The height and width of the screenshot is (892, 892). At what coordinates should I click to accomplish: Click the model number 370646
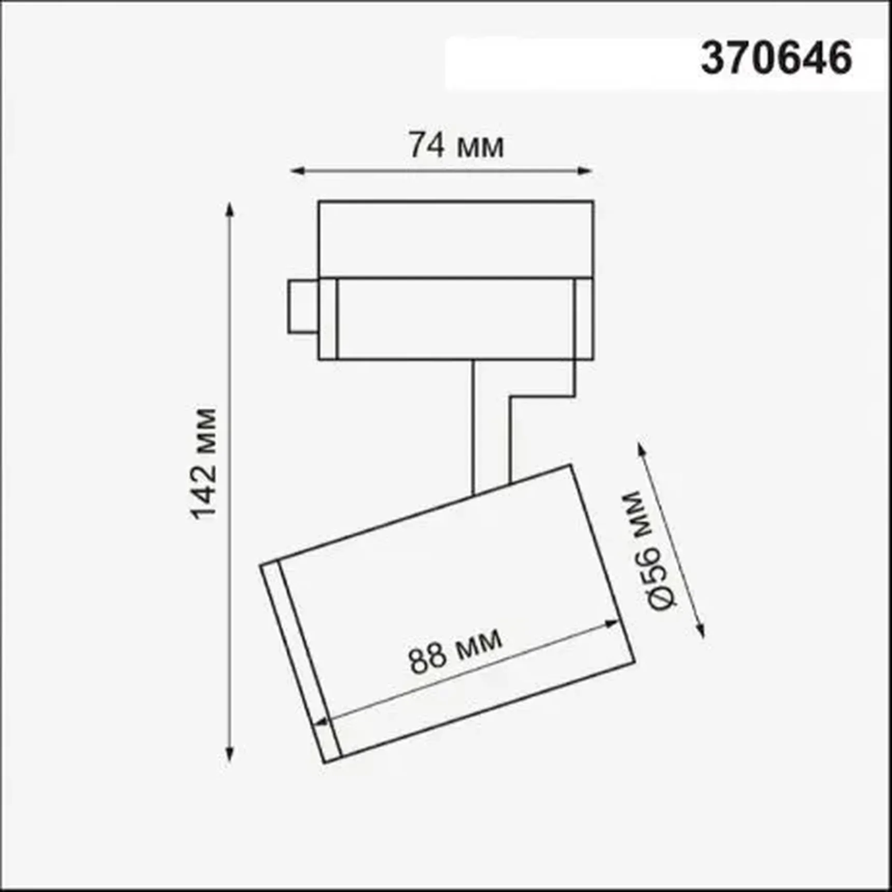776,58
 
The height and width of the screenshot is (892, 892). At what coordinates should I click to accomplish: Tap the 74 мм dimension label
456,145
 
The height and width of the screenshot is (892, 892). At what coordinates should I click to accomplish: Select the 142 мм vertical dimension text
203,464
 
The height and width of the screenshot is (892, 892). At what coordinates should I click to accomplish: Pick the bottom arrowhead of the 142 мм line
230,755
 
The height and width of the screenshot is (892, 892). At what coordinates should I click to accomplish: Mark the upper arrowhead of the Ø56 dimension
642,449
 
